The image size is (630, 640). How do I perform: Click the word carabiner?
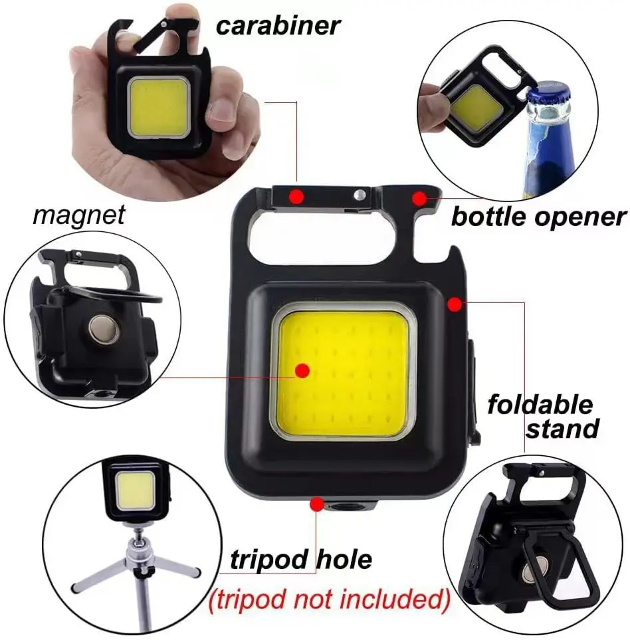point(278,26)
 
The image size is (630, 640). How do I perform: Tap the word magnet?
point(78,215)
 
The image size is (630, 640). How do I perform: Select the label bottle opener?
point(539,217)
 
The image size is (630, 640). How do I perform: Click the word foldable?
point(540,404)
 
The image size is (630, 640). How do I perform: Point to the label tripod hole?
point(301,559)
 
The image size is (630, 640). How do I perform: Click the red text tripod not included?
point(329,599)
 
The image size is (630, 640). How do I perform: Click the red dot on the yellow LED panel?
point(302,371)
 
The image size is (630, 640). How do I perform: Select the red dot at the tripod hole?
point(317,504)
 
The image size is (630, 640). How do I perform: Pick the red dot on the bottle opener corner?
point(419,198)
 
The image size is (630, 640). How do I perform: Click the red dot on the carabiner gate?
point(296,197)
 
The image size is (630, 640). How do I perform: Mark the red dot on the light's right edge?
point(455,304)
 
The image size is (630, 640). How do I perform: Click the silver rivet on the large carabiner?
point(360,194)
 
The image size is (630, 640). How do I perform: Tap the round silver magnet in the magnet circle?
point(104,329)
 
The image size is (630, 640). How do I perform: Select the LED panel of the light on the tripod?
point(135,490)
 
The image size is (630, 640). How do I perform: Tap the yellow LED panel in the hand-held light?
point(159,108)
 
